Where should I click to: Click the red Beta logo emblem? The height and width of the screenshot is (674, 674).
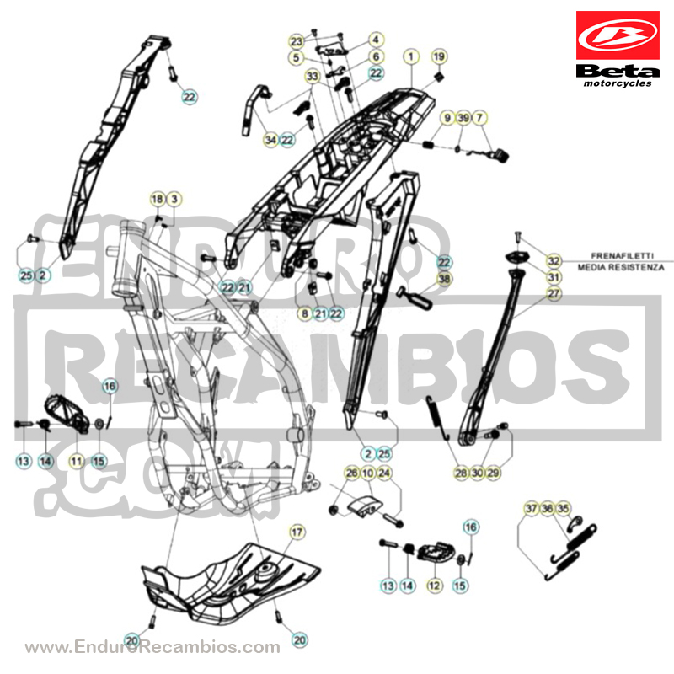click(618, 35)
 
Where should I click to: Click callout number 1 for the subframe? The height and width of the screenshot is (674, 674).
click(411, 56)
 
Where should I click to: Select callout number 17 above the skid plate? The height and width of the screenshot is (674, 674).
click(297, 532)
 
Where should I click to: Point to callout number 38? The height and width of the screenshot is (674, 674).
click(444, 279)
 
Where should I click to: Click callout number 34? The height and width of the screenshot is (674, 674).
click(270, 140)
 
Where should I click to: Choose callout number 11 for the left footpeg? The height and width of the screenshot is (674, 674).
click(77, 461)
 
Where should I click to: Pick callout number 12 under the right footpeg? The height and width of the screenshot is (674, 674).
click(434, 585)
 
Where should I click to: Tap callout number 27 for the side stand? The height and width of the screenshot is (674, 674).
click(554, 293)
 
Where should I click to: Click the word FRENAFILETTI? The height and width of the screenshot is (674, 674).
click(622, 255)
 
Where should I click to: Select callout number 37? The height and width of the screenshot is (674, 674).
click(532, 509)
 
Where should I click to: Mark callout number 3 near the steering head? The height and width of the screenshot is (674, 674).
click(174, 199)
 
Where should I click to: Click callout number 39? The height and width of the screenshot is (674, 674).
click(463, 117)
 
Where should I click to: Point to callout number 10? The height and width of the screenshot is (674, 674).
click(368, 473)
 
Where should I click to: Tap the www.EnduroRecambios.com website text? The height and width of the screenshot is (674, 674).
click(152, 646)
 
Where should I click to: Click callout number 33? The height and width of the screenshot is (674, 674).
click(313, 76)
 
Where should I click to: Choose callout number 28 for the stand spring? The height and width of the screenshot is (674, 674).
click(461, 473)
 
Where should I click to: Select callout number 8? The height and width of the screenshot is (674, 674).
click(305, 313)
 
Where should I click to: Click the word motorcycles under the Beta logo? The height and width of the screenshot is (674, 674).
click(618, 83)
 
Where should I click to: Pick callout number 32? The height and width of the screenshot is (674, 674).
click(554, 261)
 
